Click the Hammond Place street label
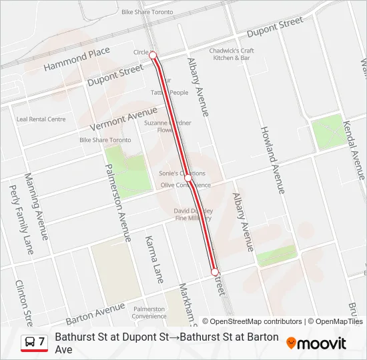77,59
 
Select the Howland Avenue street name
272,159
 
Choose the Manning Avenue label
36,207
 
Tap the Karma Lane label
154,259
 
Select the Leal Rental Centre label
41,119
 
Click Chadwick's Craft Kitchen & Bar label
232,54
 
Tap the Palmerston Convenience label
149,313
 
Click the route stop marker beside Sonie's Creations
189,179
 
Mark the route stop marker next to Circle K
153,55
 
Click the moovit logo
316,343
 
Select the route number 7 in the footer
41,342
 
